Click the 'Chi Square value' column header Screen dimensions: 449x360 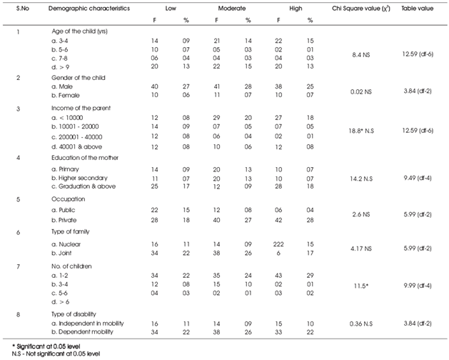[x=360, y=9]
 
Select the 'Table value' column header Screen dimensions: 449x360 [x=417, y=9]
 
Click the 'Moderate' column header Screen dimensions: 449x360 [x=232, y=9]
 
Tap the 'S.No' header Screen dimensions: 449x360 [x=23, y=9]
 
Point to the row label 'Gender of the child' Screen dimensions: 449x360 [x=79, y=78]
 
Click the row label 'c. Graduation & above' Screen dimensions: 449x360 [x=84, y=186]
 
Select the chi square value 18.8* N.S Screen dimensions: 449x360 [x=360, y=131]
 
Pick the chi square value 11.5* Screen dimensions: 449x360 [x=360, y=286]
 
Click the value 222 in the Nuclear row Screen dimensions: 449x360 [x=278, y=244]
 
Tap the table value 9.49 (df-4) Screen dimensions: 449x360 [x=418, y=178]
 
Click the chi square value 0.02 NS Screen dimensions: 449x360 [x=360, y=91]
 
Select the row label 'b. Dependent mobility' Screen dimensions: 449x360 [x=83, y=332]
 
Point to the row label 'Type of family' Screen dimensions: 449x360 [x=71, y=231]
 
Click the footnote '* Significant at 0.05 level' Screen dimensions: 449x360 [x=46, y=346]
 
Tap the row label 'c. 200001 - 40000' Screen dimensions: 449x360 [x=77, y=137]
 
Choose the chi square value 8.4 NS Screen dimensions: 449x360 [x=360, y=54]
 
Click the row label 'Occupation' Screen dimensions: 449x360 [x=68, y=199]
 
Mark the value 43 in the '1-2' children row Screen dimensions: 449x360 [x=278, y=276]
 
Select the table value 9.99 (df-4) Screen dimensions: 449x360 [x=418, y=286]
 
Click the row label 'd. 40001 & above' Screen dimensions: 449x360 [x=77, y=146]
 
